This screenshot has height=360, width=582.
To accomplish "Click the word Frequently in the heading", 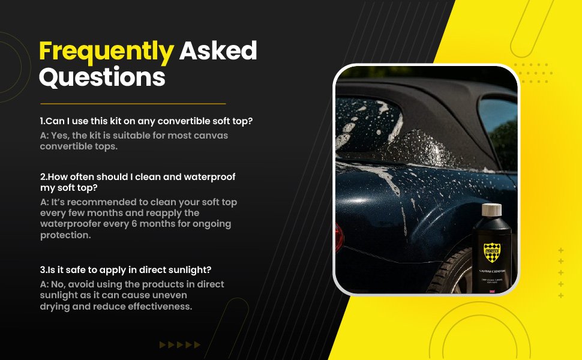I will point(106,52).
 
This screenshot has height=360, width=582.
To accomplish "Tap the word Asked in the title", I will point(218,52).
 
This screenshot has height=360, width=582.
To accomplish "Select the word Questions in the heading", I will point(102,77).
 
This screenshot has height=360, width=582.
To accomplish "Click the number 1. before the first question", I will point(43,121).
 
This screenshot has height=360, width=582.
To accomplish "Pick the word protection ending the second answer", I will point(65,235).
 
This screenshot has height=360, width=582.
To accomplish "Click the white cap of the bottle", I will point(492,211).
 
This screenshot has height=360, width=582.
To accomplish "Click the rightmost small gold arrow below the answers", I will point(197,344).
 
